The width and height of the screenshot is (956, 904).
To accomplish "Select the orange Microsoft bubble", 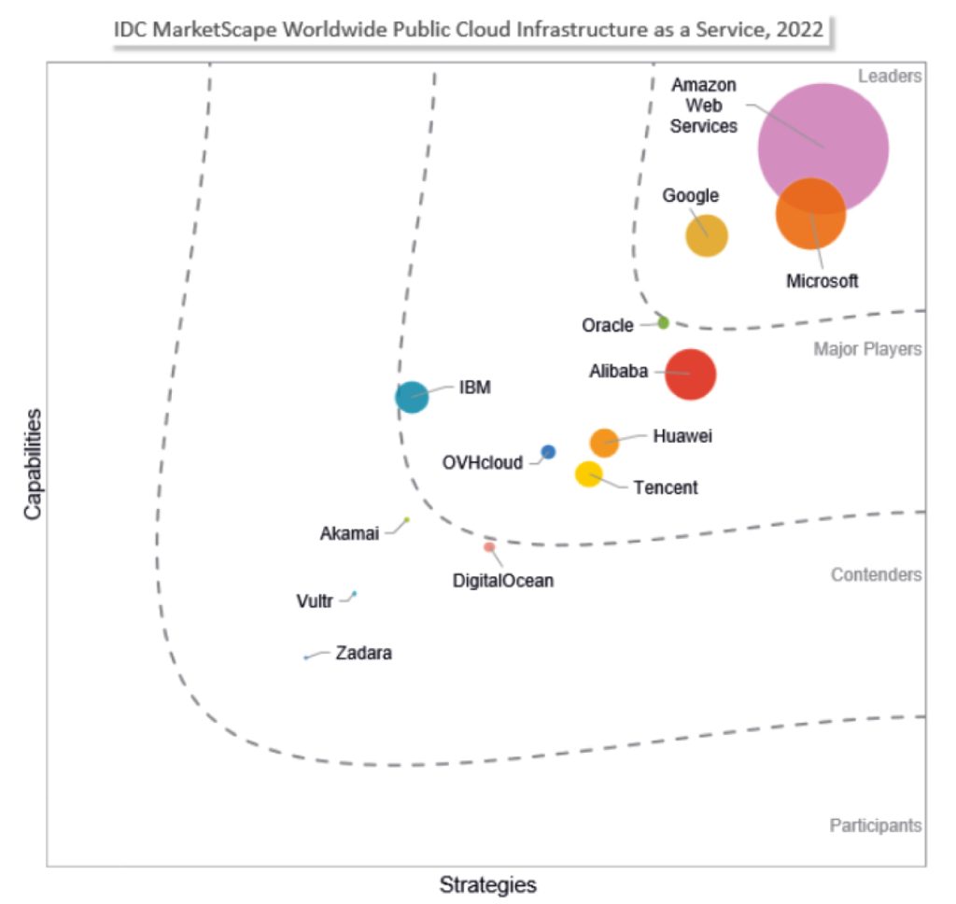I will (810, 214).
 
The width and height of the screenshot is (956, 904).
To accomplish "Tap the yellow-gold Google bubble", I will (707, 234).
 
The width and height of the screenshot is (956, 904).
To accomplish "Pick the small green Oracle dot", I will (663, 322).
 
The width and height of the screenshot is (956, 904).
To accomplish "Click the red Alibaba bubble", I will (690, 374).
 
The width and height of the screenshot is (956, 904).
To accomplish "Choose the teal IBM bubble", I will (412, 397).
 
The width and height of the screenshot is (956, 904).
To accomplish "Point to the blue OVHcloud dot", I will (548, 452).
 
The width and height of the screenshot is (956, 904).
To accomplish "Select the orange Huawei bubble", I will (604, 443).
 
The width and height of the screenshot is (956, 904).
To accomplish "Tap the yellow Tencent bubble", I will (588, 474).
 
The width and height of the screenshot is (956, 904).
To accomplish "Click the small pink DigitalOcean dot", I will (489, 547).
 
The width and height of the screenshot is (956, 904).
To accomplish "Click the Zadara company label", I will (363, 654).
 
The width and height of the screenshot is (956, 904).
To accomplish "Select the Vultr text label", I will (315, 600).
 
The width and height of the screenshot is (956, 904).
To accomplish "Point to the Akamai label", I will (349, 534).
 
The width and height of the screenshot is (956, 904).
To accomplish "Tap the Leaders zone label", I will (889, 77).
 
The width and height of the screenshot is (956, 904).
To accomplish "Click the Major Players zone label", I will (867, 349).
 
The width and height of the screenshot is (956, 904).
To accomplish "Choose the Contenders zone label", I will (876, 574).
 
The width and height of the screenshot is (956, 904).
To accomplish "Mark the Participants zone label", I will (875, 826).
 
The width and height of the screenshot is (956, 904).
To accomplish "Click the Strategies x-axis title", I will (487, 883).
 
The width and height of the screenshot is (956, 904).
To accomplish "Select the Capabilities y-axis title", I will (34, 464).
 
